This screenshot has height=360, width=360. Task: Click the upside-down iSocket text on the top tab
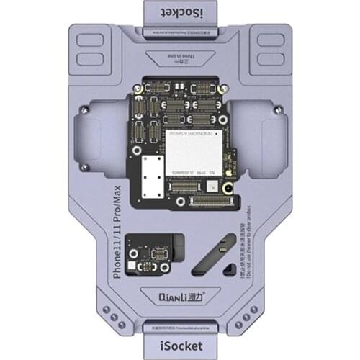(179, 13)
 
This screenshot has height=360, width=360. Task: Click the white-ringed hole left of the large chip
(143, 141)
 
